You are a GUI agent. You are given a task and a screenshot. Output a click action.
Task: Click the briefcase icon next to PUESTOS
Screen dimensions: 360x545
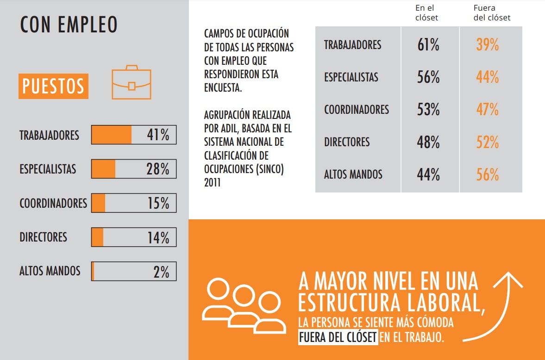click(x=132, y=82)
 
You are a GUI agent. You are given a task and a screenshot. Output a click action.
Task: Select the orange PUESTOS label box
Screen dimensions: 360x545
click(x=53, y=86)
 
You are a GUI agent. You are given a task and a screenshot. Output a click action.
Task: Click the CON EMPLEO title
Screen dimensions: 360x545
click(x=69, y=25)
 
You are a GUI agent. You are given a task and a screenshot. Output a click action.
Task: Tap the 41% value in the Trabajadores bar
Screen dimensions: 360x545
click(x=158, y=135)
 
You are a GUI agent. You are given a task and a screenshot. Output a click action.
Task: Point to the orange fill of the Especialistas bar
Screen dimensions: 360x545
click(x=103, y=169)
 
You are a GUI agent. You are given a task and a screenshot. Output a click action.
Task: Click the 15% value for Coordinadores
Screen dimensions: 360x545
click(x=158, y=203)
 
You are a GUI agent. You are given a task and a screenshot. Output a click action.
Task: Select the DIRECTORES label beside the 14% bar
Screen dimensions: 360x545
click(x=43, y=237)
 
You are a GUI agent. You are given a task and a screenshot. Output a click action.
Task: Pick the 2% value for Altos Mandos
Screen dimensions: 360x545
click(x=161, y=272)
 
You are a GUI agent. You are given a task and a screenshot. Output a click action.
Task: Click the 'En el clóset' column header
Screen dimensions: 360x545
click(x=426, y=13)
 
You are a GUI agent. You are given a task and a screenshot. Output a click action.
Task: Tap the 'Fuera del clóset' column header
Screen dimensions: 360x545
click(x=492, y=13)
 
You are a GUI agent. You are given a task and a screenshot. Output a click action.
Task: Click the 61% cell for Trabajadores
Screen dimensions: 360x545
click(x=428, y=45)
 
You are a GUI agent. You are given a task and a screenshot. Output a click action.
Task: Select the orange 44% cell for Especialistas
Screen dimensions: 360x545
click(x=487, y=78)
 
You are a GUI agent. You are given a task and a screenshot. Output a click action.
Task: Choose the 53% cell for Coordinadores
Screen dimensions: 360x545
click(x=428, y=110)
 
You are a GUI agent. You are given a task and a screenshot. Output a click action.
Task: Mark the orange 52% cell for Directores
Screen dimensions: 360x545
click(x=487, y=143)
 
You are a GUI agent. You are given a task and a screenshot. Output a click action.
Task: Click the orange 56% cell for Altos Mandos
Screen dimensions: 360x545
click(x=487, y=175)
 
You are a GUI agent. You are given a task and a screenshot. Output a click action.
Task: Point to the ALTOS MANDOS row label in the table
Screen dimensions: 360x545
click(x=353, y=174)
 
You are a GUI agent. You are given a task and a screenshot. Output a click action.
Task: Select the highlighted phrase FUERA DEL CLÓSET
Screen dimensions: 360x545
click(x=338, y=337)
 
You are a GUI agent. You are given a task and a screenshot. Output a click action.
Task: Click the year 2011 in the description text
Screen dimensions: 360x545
click(x=213, y=183)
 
